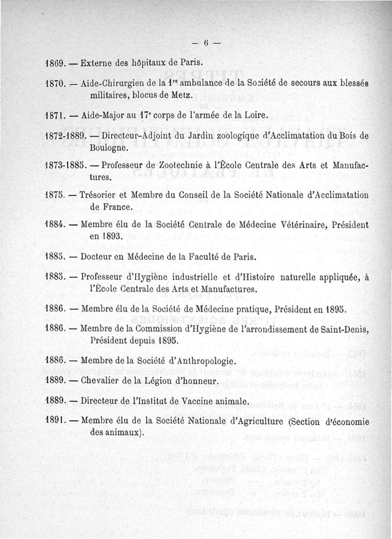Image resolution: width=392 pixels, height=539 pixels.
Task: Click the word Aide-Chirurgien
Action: (x=112, y=84)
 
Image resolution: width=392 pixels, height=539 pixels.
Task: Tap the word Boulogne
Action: (x=109, y=147)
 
